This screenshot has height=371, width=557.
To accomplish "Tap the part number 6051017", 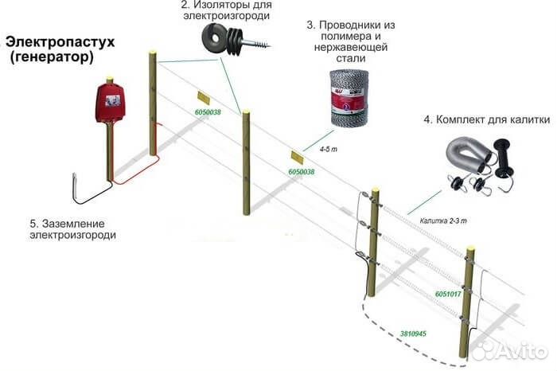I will click(x=448, y=295).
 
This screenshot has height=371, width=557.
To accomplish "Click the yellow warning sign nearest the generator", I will click(x=202, y=97).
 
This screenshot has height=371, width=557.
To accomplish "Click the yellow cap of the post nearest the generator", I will click(x=152, y=52).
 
